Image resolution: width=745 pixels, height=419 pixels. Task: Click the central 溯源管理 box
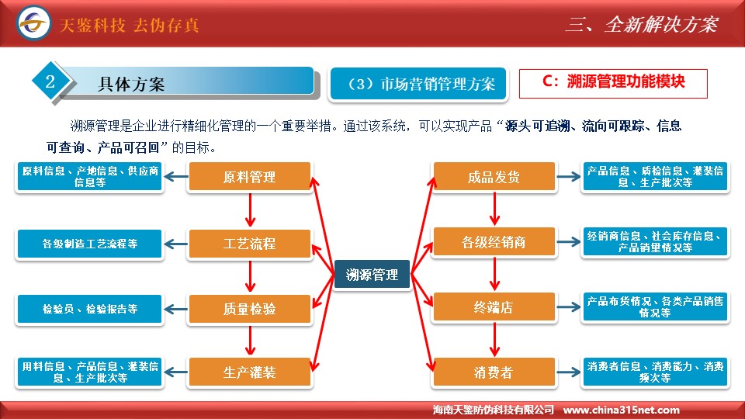click(372, 274)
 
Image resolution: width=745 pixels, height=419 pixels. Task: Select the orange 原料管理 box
click(249, 177)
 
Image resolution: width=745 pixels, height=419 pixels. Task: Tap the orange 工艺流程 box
click(249, 244)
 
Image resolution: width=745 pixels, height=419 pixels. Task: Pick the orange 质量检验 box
click(249, 309)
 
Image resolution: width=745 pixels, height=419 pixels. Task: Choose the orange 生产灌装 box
click(249, 372)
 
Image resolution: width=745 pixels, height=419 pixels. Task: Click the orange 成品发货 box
click(494, 177)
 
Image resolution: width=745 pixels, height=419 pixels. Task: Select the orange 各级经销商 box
click(494, 242)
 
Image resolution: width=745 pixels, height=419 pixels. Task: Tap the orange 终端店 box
click(494, 307)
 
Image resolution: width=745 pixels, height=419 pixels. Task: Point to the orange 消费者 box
click(494, 372)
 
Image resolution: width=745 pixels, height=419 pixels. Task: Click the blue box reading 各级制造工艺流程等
click(90, 244)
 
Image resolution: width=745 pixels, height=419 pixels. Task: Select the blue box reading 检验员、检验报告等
click(90, 309)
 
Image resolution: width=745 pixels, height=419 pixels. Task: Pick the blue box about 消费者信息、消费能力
click(655, 372)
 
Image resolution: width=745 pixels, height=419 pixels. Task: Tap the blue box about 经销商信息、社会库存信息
click(655, 242)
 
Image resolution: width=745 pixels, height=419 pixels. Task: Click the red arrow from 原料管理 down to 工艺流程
click(251, 209)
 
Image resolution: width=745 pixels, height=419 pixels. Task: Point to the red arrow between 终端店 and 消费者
click(494, 339)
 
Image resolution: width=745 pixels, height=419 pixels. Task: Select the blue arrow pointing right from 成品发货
click(569, 177)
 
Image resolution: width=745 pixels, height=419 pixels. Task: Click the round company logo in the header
click(33, 23)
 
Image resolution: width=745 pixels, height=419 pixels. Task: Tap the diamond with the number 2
click(50, 81)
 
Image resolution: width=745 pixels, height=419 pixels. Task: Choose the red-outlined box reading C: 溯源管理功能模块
click(613, 84)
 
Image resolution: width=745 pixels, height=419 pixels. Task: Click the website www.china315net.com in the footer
click(621, 410)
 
